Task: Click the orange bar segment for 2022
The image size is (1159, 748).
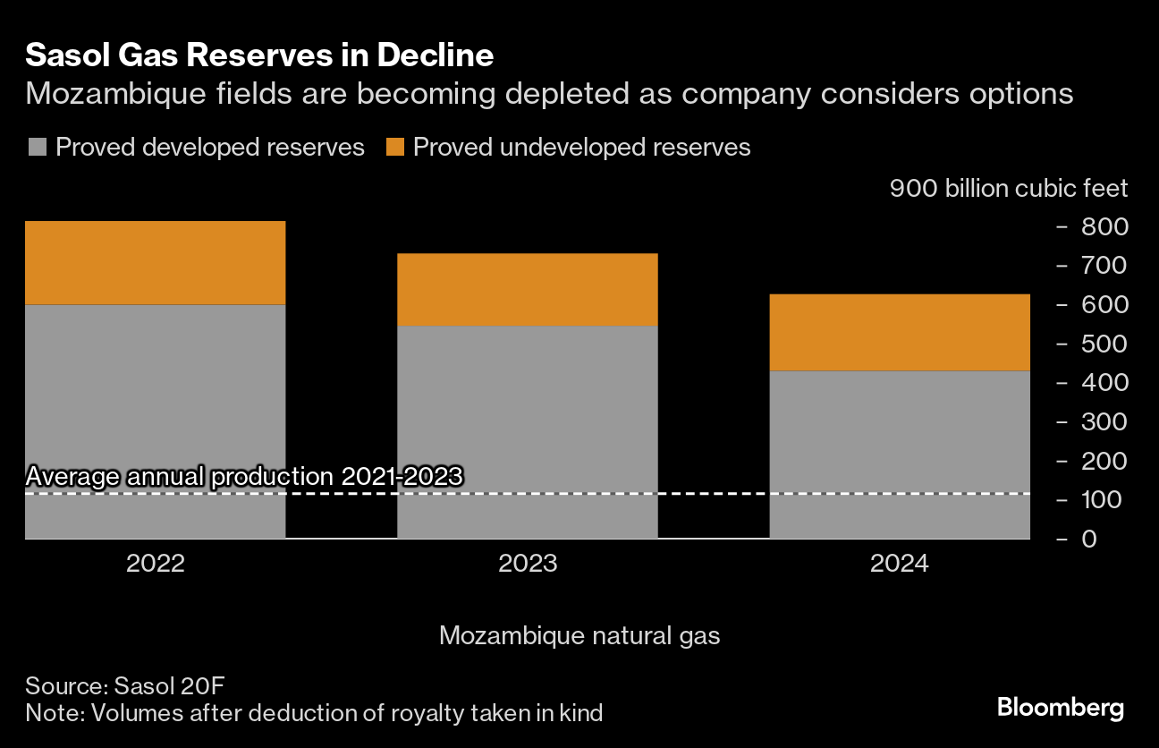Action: pyautogui.click(x=155, y=262)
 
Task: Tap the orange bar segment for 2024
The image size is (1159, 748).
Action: pyautogui.click(x=900, y=332)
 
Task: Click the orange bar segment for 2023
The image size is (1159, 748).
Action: pyautogui.click(x=528, y=289)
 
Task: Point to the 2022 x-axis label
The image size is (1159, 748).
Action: pyautogui.click(x=155, y=564)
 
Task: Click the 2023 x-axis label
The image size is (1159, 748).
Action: pyautogui.click(x=528, y=564)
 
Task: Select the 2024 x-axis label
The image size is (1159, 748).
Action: pyautogui.click(x=900, y=564)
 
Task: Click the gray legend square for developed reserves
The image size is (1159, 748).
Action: pyautogui.click(x=37, y=148)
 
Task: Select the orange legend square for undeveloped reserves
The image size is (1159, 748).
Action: pyautogui.click(x=395, y=148)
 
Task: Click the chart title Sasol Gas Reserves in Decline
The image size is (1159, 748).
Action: pyautogui.click(x=259, y=55)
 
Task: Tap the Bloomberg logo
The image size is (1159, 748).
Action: pyautogui.click(x=1060, y=709)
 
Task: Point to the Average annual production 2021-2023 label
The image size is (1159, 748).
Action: pyautogui.click(x=244, y=476)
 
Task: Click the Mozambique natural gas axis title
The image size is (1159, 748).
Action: pyautogui.click(x=579, y=636)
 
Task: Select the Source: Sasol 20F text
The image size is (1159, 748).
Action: pyautogui.click(x=124, y=686)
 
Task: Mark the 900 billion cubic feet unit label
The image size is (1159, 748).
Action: pyautogui.click(x=1009, y=189)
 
